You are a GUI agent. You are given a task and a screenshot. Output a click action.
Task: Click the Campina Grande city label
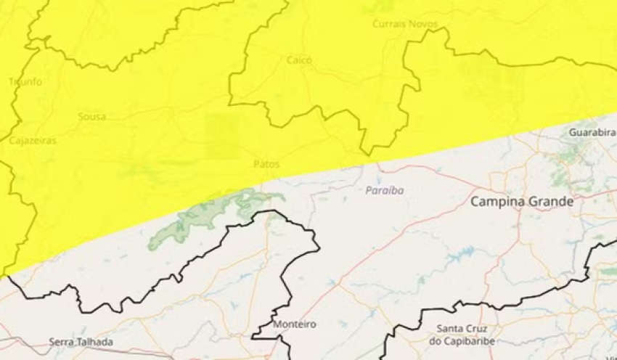point(521,201)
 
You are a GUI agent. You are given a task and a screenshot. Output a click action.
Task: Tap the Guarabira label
point(592,134)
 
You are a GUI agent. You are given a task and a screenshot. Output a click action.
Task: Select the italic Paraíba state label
point(385,190)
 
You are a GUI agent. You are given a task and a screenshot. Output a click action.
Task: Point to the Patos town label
point(266,164)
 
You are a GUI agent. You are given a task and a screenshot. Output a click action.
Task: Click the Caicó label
point(299,60)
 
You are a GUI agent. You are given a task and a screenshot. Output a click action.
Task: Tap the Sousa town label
point(92,116)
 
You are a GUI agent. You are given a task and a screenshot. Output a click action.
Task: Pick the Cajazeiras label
point(33,141)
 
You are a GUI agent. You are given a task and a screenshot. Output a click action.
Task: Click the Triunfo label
point(25,82)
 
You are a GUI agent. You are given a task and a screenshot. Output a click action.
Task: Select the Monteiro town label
point(295,324)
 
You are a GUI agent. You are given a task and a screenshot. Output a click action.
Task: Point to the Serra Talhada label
point(81,341)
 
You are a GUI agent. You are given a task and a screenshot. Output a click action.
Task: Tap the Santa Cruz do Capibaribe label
point(461,335)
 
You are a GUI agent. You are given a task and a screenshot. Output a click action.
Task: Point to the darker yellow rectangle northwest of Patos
point(221,136)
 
